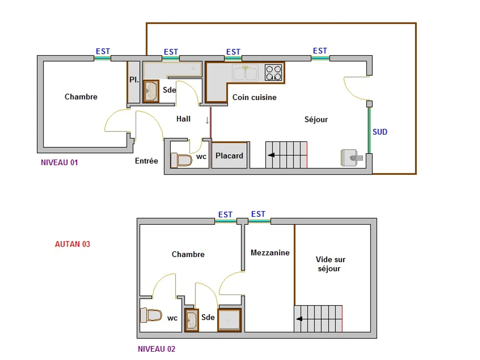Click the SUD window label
point(380,132)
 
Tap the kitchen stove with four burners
point(274,73)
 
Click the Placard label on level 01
point(229,156)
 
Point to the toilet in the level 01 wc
point(182,160)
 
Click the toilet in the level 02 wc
point(151,315)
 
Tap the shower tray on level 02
point(229,320)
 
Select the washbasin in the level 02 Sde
point(192,320)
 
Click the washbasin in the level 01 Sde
point(151,92)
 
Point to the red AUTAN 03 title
point(72,244)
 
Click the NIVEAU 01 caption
point(59,163)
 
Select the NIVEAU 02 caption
point(156,349)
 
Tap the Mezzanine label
point(270,253)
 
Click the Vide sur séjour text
point(330,264)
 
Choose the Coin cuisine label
point(254,97)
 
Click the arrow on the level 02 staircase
point(299,319)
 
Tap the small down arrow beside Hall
point(207,120)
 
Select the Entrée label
point(146,161)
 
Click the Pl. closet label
point(134,80)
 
